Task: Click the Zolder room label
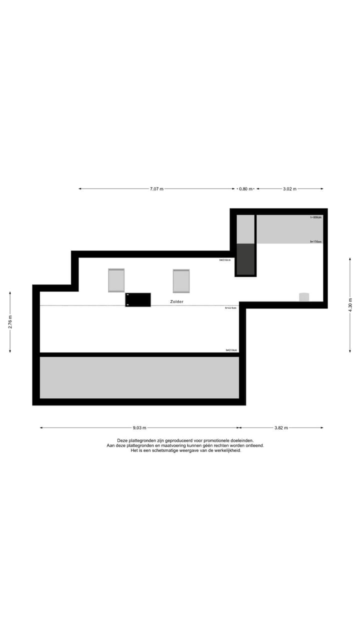176,301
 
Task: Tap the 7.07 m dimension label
156,189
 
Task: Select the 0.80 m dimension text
246,189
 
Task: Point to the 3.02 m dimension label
289,189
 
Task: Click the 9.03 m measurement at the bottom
139,428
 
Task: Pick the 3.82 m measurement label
281,428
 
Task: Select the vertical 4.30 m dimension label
350,305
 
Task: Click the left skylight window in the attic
116,280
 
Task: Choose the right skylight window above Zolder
181,281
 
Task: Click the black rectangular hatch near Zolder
138,299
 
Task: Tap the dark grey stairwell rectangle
245,259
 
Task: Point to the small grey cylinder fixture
304,297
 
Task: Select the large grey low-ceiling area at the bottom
139,377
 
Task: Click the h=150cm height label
315,241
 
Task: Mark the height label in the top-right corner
316,217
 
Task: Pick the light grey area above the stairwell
245,229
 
